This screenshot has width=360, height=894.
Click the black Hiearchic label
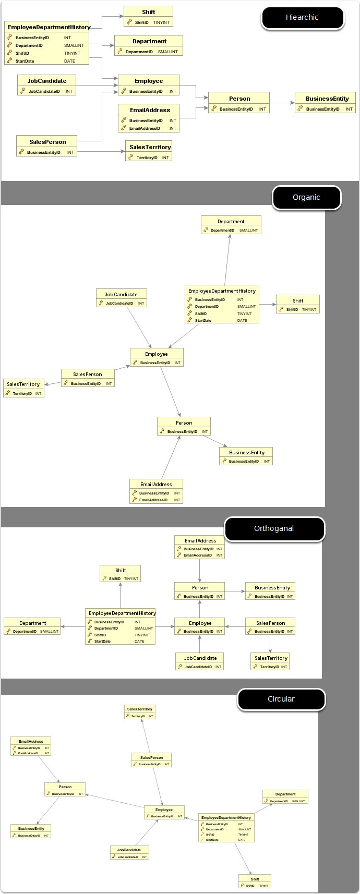(302, 18)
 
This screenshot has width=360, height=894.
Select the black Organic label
(306, 198)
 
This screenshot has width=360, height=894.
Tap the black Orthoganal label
(274, 529)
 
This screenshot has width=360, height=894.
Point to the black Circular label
(281, 699)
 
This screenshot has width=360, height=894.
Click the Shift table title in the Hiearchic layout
(148, 11)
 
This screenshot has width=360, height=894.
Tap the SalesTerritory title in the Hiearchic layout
(150, 147)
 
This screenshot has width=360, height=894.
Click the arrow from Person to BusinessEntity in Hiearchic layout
(282, 103)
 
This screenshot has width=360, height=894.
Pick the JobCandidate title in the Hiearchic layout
(47, 81)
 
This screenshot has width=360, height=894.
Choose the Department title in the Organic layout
(231, 222)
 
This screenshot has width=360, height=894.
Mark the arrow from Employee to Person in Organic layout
(170, 391)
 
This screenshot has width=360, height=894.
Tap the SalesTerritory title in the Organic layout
(23, 384)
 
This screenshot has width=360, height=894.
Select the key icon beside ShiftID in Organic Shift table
(281, 309)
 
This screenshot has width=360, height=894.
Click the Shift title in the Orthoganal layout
(121, 570)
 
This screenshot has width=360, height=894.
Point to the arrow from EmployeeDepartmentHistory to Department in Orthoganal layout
(73, 626)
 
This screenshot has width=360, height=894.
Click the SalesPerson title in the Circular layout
(151, 757)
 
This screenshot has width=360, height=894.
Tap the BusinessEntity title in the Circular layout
(31, 828)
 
